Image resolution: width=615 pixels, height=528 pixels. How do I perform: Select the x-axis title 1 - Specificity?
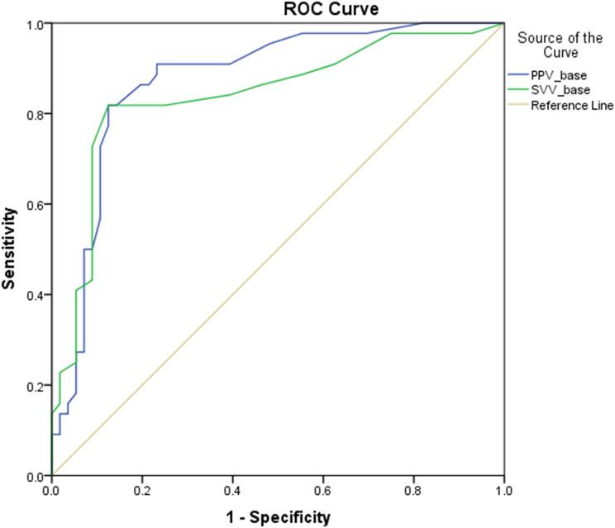(x=278, y=518)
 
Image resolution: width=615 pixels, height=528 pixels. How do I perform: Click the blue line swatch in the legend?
(x=520, y=75)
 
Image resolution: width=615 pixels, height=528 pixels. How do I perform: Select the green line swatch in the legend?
(x=520, y=90)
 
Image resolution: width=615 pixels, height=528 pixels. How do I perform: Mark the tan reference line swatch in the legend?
(x=520, y=105)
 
